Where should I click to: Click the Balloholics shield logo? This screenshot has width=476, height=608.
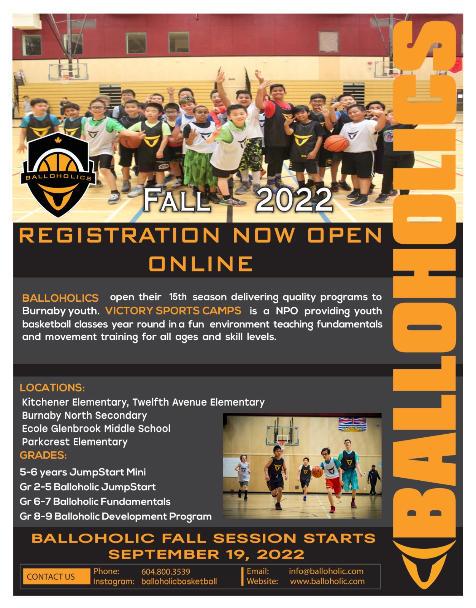click(x=58, y=174)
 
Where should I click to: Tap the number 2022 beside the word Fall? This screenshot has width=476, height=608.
click(x=294, y=200)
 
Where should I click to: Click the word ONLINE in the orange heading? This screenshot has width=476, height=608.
click(x=201, y=264)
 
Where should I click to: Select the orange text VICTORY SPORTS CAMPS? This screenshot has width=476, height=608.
click(x=173, y=310)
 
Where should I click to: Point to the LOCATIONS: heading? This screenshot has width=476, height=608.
click(x=52, y=388)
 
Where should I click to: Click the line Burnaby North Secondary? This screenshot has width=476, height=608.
click(x=84, y=415)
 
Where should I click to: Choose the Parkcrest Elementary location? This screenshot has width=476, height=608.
click(x=75, y=442)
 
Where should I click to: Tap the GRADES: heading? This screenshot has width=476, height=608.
click(x=43, y=455)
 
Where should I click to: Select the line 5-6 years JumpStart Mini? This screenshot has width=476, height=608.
click(x=83, y=472)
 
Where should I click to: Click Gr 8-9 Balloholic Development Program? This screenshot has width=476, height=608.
click(x=116, y=516)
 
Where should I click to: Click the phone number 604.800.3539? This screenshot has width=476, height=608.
click(x=166, y=572)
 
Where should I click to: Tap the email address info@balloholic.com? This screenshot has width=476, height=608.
click(x=326, y=572)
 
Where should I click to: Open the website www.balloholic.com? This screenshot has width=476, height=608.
click(x=327, y=581)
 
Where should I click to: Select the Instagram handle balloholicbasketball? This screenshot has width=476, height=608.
click(x=179, y=582)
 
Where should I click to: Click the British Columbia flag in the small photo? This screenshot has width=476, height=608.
click(x=352, y=424)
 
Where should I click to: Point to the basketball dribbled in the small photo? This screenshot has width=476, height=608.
click(x=317, y=472)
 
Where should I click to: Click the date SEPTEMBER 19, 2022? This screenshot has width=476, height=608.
click(x=206, y=554)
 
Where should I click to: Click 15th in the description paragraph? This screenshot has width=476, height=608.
click(x=178, y=297)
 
